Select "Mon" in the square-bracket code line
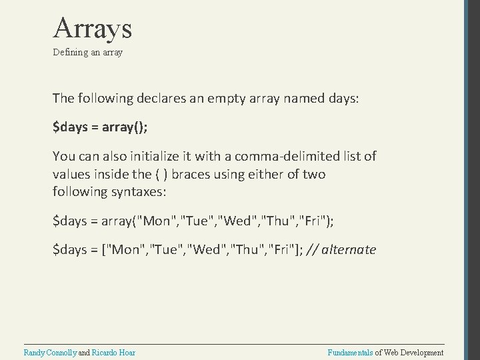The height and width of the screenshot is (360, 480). coord(127,250)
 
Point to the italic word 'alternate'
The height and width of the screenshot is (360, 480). coord(349,250)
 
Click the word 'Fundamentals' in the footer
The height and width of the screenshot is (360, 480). coord(351,352)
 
